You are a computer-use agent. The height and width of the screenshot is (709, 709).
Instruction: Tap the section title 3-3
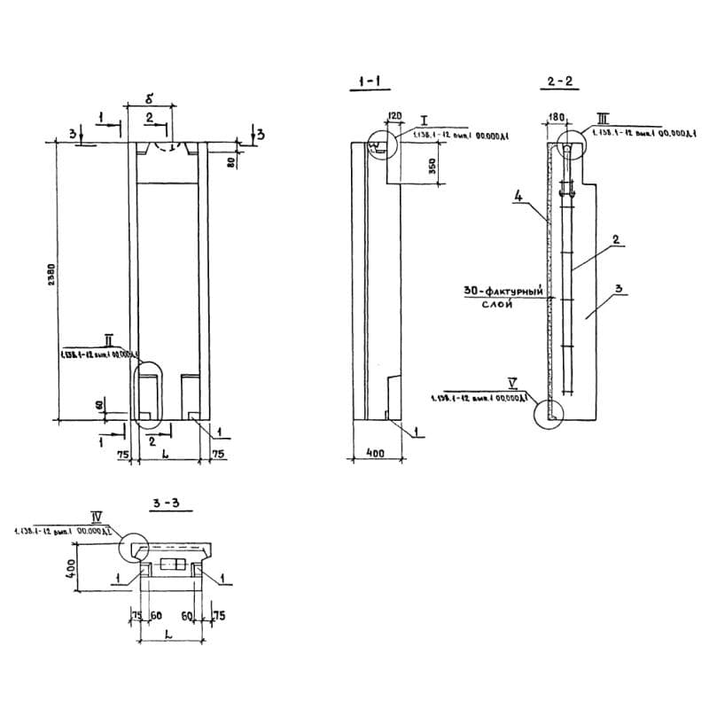[x=165, y=504]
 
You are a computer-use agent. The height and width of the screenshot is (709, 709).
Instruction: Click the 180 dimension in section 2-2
[x=557, y=116]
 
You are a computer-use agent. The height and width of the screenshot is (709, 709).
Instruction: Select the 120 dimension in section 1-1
[x=394, y=116]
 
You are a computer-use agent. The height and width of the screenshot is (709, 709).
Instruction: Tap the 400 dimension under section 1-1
[x=375, y=453]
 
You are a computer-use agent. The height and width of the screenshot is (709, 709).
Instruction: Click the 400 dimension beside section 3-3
[x=68, y=565]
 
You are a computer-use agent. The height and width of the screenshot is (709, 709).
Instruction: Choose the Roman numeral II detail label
[x=107, y=339]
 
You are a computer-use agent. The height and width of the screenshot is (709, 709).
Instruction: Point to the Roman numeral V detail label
[x=512, y=384]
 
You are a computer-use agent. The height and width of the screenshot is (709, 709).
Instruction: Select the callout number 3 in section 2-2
[x=619, y=288]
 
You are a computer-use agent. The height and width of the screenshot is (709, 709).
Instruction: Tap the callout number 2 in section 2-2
[x=613, y=239]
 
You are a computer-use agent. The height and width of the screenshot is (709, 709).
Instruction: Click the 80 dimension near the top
[x=230, y=162]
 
